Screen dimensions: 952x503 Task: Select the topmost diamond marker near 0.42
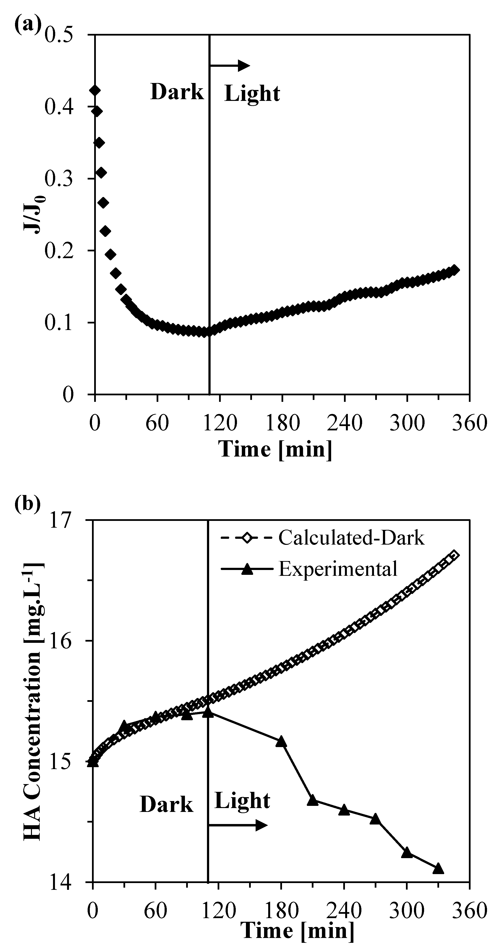(x=95, y=90)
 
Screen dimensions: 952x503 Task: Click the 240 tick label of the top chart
(x=344, y=422)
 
